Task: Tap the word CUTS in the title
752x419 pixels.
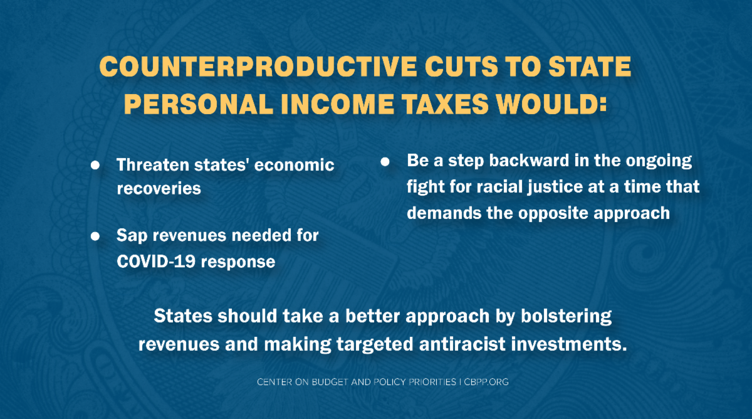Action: (x=462, y=66)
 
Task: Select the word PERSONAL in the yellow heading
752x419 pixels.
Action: (x=199, y=104)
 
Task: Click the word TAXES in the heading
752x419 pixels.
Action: (x=445, y=104)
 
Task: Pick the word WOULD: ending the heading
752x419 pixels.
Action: (x=551, y=104)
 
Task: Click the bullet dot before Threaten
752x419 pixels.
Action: (x=95, y=165)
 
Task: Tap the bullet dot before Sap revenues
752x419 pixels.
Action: (x=95, y=236)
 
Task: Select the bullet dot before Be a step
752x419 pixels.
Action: (x=385, y=162)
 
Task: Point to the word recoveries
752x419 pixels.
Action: (x=159, y=189)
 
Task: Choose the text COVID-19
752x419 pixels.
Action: (x=156, y=262)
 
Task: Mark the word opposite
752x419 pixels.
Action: (x=553, y=214)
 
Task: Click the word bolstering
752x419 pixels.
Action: (x=567, y=317)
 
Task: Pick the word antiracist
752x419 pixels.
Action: (x=462, y=344)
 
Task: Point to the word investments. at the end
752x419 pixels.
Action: (x=569, y=344)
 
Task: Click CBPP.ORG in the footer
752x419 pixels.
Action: (x=486, y=382)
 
